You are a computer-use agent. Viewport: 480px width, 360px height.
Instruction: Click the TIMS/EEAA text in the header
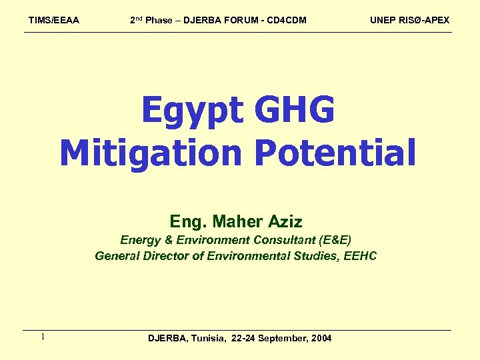pos(53,20)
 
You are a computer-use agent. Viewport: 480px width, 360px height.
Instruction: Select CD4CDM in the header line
pos(286,20)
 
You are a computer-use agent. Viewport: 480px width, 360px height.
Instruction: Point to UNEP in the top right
pos(383,20)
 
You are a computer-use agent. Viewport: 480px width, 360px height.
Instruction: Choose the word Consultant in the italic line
pos(286,240)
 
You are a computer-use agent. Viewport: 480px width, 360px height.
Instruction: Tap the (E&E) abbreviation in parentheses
pos(335,240)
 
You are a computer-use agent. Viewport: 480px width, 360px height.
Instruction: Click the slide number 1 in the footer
pos(42,337)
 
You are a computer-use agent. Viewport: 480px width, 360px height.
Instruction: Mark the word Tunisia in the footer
pos(209,339)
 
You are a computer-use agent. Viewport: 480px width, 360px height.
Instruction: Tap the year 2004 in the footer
pos(321,339)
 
